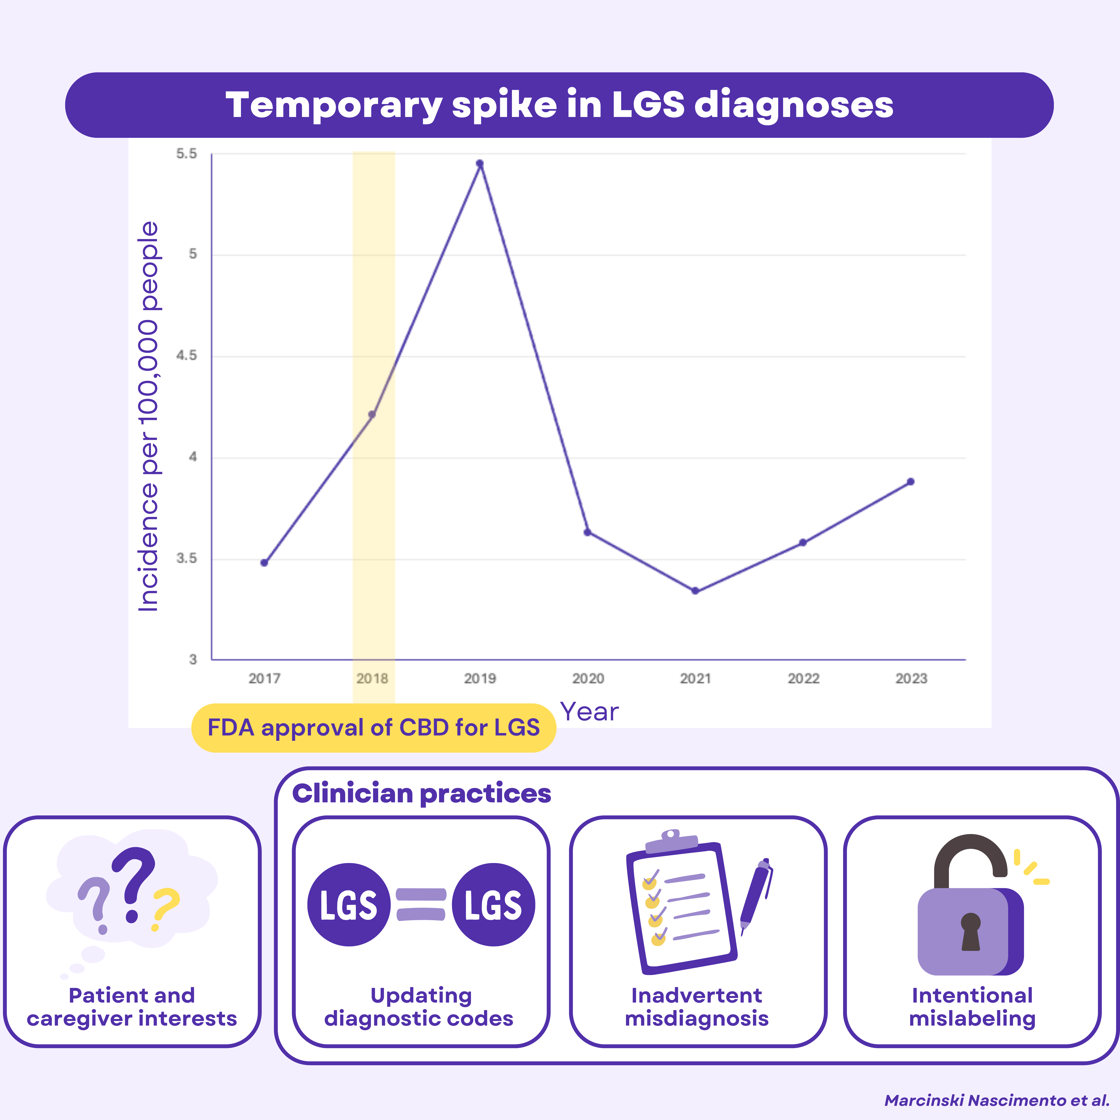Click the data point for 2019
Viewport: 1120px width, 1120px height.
pyautogui.click(x=479, y=163)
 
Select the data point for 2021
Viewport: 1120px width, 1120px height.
pyautogui.click(x=695, y=591)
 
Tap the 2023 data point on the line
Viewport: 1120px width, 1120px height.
pyautogui.click(x=911, y=482)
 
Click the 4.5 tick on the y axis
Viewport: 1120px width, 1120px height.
pyautogui.click(x=187, y=355)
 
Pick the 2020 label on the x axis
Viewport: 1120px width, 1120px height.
pyautogui.click(x=588, y=678)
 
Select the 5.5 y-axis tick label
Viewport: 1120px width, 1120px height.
pyautogui.click(x=187, y=154)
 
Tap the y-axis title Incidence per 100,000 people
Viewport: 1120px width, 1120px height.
pyautogui.click(x=148, y=416)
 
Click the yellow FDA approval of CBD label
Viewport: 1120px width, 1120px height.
pyautogui.click(x=373, y=728)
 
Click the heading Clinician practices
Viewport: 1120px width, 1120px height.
pyautogui.click(x=421, y=793)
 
